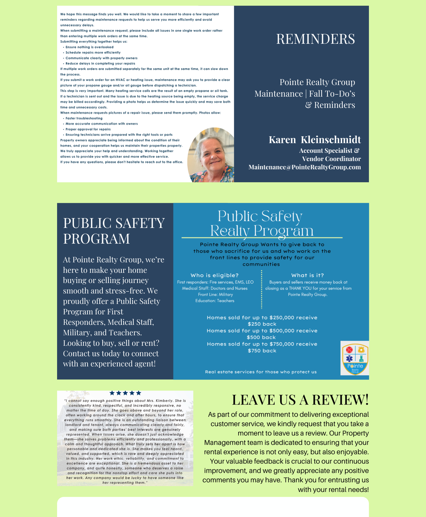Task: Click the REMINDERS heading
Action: (x=315, y=39)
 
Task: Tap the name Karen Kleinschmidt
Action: (x=315, y=140)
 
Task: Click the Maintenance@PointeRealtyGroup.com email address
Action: (x=304, y=167)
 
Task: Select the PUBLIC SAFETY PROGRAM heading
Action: (x=114, y=231)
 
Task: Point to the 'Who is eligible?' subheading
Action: (x=215, y=275)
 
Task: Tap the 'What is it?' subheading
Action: (x=307, y=275)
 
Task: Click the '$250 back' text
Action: (x=262, y=324)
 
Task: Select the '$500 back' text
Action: (x=261, y=337)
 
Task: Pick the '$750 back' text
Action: (x=262, y=351)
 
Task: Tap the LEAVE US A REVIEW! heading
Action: (x=300, y=400)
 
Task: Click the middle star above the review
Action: (x=125, y=393)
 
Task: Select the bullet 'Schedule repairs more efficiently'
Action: (x=93, y=53)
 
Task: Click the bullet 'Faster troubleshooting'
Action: (x=84, y=118)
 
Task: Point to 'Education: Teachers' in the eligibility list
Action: (x=215, y=301)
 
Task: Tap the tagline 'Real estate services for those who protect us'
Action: (x=261, y=372)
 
